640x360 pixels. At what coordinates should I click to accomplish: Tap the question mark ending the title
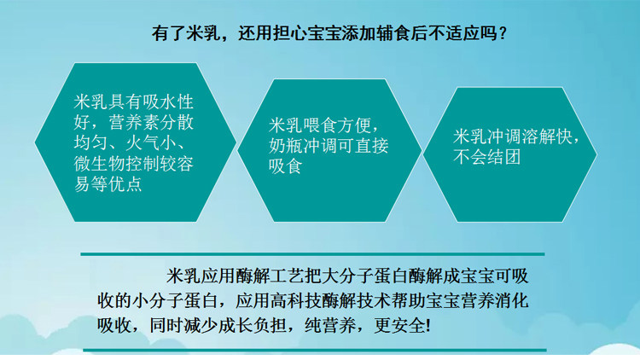pyautogui.click(x=503, y=32)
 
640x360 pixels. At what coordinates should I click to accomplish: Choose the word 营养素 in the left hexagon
pyautogui.click(x=134, y=123)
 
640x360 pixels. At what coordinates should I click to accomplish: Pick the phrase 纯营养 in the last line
pyautogui.click(x=330, y=326)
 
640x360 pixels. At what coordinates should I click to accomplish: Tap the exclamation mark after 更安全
pyautogui.click(x=428, y=326)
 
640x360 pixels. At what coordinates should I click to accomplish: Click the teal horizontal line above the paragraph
pyautogui.click(x=312, y=254)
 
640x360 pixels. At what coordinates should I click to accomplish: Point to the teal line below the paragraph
pyautogui.click(x=315, y=351)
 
